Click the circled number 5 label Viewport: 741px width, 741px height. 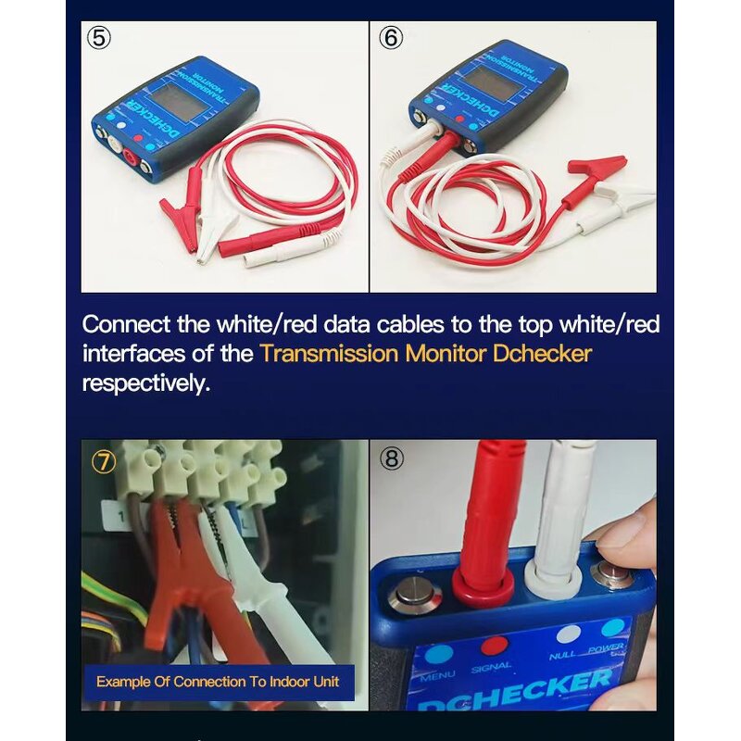click(x=99, y=39)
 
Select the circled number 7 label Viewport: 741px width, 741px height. click(x=103, y=460)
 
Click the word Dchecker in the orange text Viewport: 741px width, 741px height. click(x=540, y=353)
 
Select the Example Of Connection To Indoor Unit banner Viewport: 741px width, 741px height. click(x=218, y=683)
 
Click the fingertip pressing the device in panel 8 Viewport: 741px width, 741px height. click(x=623, y=534)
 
